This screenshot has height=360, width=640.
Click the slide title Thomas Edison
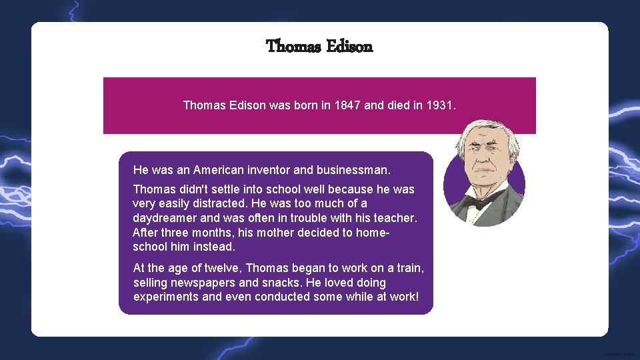pyautogui.click(x=319, y=46)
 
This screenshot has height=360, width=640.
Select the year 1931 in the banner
pyautogui.click(x=439, y=105)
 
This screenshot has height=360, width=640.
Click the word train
pyautogui.click(x=409, y=268)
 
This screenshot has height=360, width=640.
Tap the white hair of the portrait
pyautogui.click(x=484, y=128)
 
